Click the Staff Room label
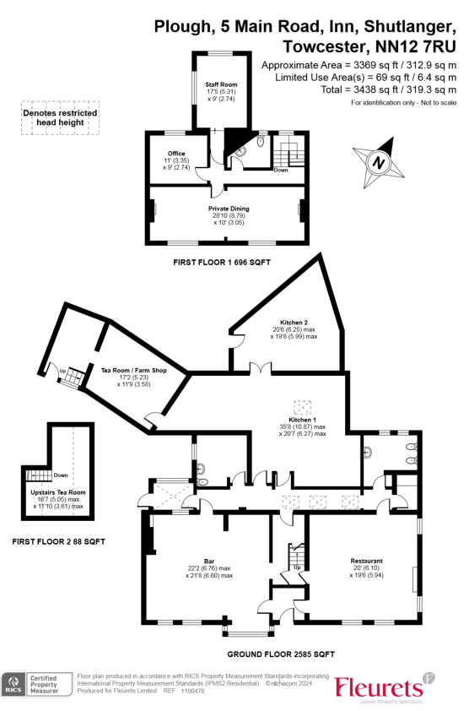[x=222, y=85]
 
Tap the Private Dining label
[x=229, y=208]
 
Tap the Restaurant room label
[x=366, y=561]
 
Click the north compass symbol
[x=379, y=161]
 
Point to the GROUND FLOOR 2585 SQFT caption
[x=281, y=654]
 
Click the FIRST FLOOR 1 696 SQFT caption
[x=221, y=263]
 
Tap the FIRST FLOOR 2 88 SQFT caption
[x=53, y=540]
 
